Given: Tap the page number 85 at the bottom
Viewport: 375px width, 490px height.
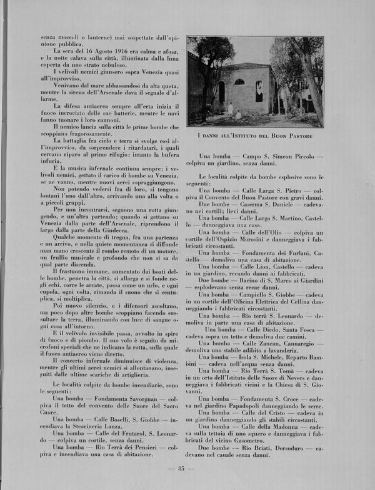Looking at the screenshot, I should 183,469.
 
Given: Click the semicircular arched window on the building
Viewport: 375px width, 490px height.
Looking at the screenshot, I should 239,82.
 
